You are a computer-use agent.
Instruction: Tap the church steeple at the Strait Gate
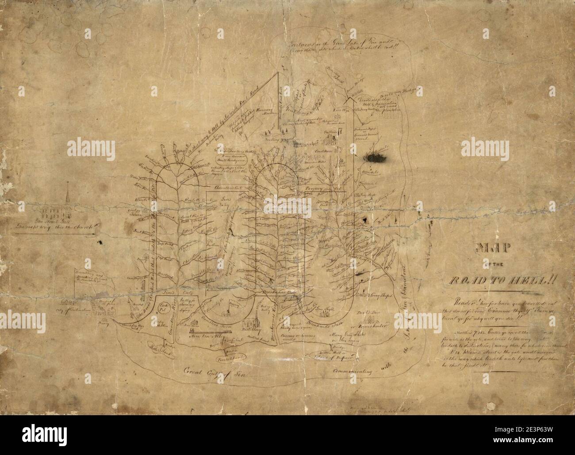(x=67, y=195)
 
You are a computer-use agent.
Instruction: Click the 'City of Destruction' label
(x=80, y=310)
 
